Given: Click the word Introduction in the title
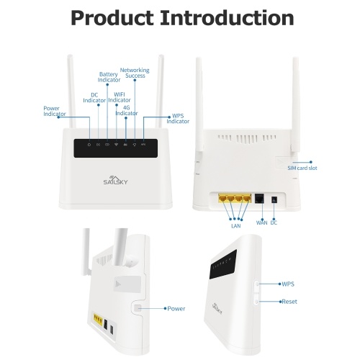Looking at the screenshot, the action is (227, 18).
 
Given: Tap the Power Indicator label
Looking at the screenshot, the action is (55, 111).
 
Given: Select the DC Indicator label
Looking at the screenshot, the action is (94, 98).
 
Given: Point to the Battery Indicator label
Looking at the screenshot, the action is (109, 77).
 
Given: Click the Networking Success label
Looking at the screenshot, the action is (135, 73).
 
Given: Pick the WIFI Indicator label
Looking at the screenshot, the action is (120, 97).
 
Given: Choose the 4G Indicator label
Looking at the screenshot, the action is (127, 110).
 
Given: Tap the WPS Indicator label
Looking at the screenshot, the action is (178, 119).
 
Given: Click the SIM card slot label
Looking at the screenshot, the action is (302, 168).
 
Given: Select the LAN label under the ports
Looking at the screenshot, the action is (235, 226).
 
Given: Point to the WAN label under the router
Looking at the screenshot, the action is (261, 222).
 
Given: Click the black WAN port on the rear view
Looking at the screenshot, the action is (259, 199).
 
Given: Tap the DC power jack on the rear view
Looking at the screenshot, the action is (274, 199).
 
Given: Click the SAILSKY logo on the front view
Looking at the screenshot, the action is (115, 180).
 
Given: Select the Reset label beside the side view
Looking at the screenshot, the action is (289, 302).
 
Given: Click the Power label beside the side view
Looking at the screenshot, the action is (176, 308).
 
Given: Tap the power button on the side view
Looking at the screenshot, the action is (138, 308).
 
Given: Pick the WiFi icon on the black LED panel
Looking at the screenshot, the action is (116, 145).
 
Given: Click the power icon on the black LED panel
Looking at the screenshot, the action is (89, 145).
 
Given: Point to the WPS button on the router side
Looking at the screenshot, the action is (257, 284).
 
